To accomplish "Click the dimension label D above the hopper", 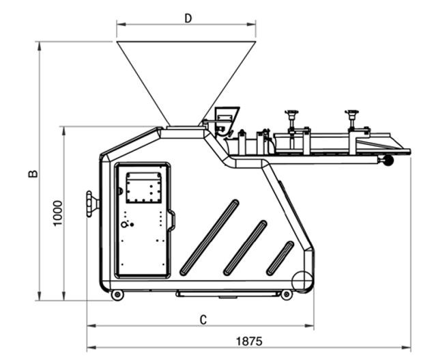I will pyautogui.click(x=188, y=18).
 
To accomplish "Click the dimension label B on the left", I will pyautogui.click(x=32, y=173).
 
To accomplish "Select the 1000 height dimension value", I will pyautogui.click(x=58, y=213).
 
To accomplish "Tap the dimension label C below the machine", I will pyautogui.click(x=203, y=319).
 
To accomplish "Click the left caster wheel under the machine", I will pyautogui.click(x=117, y=294).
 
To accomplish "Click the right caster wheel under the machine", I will pyautogui.click(x=287, y=294).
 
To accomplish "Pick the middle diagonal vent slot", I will pyautogui.click(x=245, y=248).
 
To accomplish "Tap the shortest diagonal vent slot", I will pyautogui.click(x=280, y=258).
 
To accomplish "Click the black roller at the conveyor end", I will pyautogui.click(x=389, y=162).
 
